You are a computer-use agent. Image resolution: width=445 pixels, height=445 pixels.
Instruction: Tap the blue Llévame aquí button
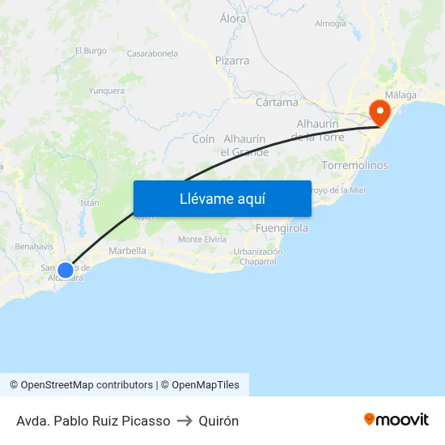[222, 198]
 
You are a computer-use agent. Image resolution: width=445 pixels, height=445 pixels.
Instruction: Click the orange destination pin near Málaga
[379, 112]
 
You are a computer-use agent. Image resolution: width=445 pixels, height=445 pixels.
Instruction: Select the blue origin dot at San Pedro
[66, 270]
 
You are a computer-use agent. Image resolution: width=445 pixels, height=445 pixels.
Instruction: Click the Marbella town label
[127, 251]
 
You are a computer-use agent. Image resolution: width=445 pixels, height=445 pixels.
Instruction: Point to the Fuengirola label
[282, 228]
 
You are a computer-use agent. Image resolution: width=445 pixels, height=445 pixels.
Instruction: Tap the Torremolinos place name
[354, 165]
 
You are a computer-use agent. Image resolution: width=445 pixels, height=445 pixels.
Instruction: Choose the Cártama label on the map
[277, 103]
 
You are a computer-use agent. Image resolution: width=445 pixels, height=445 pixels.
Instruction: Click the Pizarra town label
[232, 61]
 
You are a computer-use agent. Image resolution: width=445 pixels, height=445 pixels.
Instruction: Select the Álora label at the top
[233, 18]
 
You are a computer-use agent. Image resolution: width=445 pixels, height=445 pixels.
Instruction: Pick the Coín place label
[204, 139]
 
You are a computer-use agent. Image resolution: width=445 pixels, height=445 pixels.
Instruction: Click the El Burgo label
[91, 50]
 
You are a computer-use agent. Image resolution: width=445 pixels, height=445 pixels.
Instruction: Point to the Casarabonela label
[152, 53]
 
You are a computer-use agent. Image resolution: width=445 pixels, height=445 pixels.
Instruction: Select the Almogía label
[330, 23]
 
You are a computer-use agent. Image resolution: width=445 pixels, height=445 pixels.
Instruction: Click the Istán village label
[89, 203]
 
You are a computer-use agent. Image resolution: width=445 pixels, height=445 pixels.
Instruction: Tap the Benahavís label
[34, 246]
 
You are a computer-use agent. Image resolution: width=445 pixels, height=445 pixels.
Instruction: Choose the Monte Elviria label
[202, 239]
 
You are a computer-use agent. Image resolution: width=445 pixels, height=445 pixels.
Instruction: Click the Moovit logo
[396, 420]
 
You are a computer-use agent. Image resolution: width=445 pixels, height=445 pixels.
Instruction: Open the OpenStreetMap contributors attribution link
[83, 385]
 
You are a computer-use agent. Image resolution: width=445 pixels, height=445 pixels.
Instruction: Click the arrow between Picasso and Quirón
[184, 421]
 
